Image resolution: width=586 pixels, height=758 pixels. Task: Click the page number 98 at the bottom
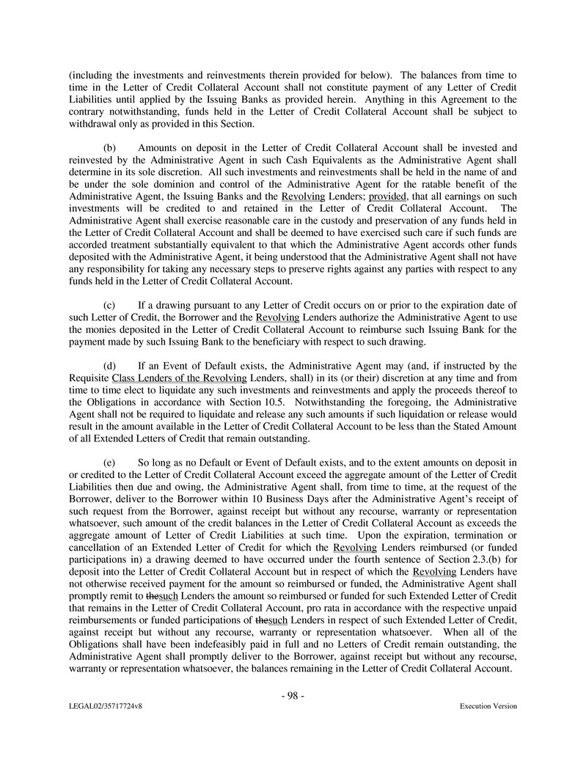[x=293, y=696]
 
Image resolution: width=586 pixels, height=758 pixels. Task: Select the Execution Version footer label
[x=488, y=706]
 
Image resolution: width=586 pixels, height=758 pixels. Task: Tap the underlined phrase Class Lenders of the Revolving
[x=179, y=378]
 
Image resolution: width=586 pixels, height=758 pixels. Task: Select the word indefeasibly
[x=213, y=645]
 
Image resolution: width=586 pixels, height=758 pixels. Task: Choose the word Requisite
[x=89, y=378]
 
